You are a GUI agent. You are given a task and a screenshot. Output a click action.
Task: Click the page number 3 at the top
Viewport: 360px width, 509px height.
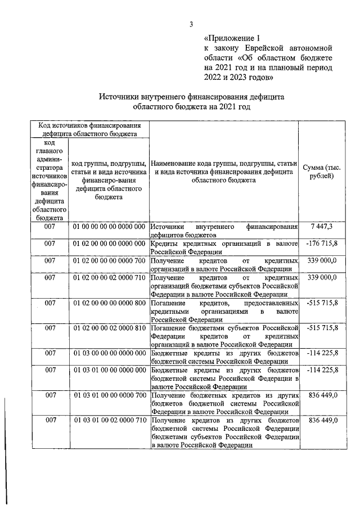click(x=191, y=24)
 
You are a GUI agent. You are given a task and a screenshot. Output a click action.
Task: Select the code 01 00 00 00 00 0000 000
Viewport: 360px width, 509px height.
click(x=109, y=226)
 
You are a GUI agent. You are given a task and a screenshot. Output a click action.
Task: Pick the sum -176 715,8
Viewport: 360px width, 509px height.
click(x=321, y=243)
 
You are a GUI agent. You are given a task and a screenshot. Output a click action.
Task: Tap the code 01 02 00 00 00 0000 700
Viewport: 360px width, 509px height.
click(x=109, y=260)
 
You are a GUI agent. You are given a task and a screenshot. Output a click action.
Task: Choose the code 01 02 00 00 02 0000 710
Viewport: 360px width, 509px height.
click(x=109, y=278)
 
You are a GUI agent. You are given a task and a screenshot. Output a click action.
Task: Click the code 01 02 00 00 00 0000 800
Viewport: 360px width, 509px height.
click(x=109, y=303)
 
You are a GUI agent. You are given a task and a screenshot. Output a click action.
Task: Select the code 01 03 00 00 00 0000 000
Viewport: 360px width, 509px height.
click(x=109, y=353)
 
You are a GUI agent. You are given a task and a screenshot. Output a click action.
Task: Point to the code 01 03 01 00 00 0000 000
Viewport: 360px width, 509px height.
click(x=109, y=370)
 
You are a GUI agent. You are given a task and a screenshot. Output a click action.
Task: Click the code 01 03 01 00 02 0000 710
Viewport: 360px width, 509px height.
click(x=109, y=420)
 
